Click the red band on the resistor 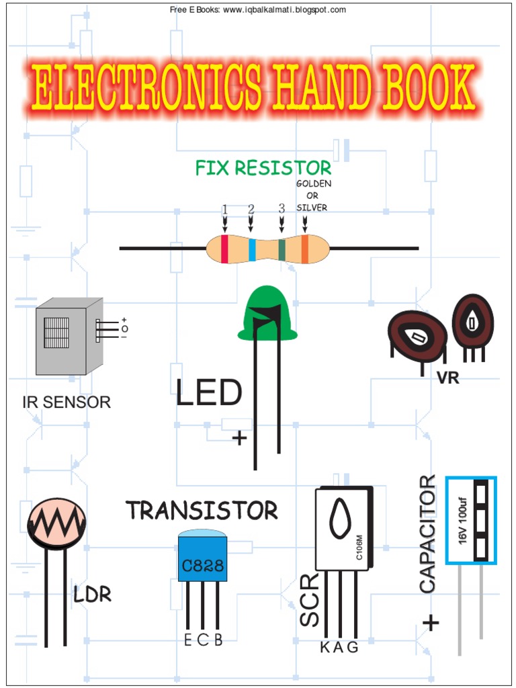[x=224, y=249]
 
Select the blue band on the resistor [x=252, y=249]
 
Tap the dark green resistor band [x=282, y=249]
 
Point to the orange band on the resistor [x=304, y=249]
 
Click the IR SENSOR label [x=67, y=402]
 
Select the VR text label [x=447, y=378]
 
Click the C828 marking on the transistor [x=202, y=564]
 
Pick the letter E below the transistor [x=188, y=640]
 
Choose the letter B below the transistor [x=218, y=640]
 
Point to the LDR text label [x=92, y=595]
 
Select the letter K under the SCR [x=325, y=648]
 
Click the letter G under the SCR [x=353, y=648]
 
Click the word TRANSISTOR [x=202, y=511]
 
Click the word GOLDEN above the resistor [x=314, y=183]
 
